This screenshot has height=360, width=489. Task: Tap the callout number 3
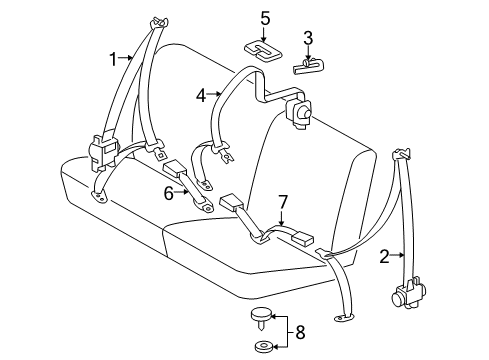click(x=309, y=39)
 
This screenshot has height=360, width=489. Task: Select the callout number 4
click(x=201, y=96)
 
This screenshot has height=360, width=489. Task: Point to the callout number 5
click(x=265, y=17)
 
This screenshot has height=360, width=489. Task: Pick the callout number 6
click(x=169, y=194)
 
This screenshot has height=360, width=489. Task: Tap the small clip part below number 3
click(x=307, y=67)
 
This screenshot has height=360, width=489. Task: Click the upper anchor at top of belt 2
click(x=404, y=154)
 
